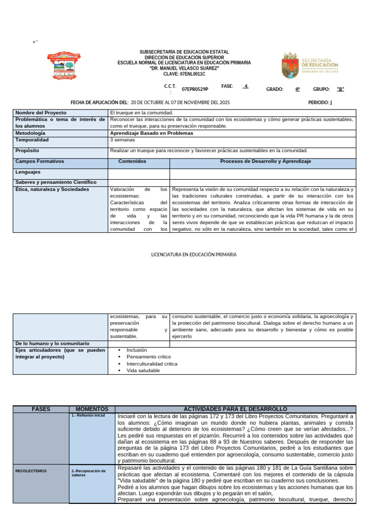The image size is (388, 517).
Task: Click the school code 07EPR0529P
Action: [x=195, y=89]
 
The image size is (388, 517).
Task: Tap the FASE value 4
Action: [x=246, y=86]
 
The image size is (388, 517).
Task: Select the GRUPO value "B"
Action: [x=340, y=89]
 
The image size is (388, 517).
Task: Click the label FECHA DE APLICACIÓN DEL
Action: [x=100, y=102]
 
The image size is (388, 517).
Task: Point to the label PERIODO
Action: [x=320, y=102]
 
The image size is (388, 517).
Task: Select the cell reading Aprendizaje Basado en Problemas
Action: [x=152, y=133]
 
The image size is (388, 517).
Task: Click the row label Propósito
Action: [x=27, y=150]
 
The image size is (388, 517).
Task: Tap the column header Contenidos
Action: [x=132, y=161]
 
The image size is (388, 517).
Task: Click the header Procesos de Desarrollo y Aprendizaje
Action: [x=265, y=161]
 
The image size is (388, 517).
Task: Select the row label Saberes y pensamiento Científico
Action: [x=56, y=182]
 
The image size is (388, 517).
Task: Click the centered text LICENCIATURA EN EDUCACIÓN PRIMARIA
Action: [x=194, y=255]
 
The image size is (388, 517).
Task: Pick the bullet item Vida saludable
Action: [x=143, y=371]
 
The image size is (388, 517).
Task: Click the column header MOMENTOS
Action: [x=92, y=409]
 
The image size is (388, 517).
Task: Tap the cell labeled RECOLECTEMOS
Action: [x=31, y=471]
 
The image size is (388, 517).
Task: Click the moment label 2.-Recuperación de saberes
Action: [x=89, y=473]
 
